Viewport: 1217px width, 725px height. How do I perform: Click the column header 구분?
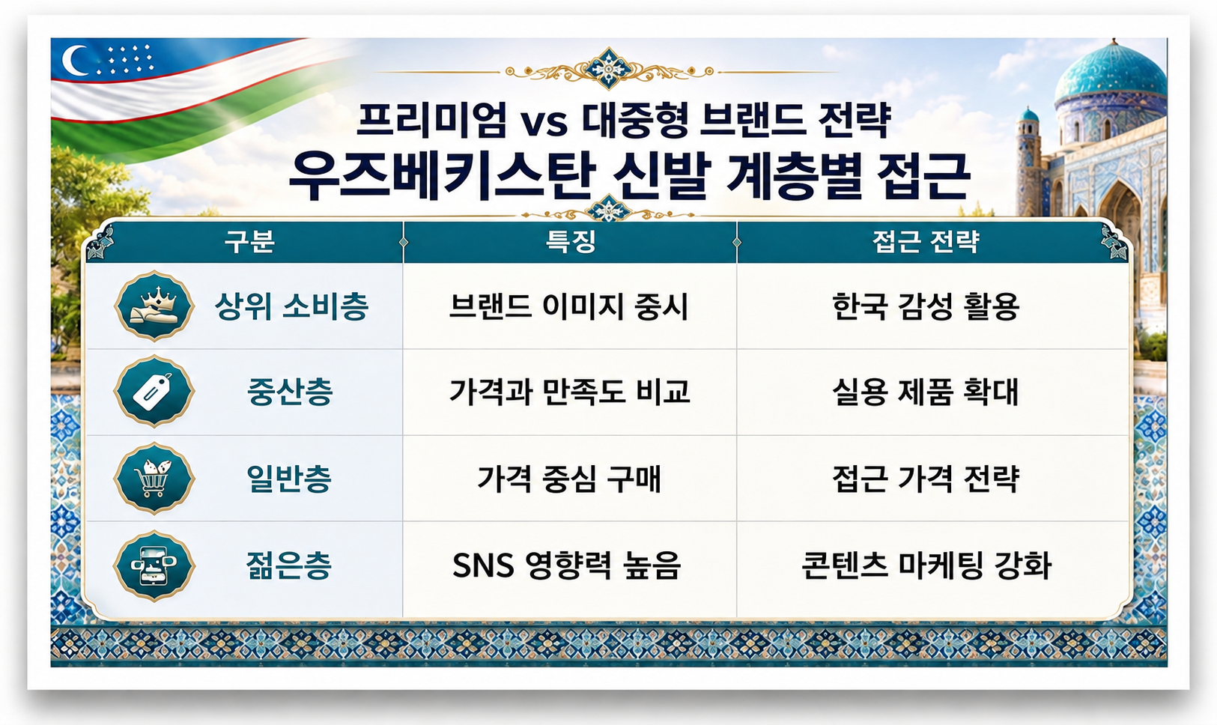[249, 241]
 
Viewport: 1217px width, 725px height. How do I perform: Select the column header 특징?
[571, 241]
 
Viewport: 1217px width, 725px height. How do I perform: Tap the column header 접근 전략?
[926, 241]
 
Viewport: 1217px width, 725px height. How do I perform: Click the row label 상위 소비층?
[292, 306]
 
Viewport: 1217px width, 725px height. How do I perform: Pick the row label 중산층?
[290, 392]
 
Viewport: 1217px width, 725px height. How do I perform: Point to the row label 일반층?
[289, 479]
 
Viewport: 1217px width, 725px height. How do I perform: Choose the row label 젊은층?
[289, 565]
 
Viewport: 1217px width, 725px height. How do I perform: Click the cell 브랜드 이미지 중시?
[569, 306]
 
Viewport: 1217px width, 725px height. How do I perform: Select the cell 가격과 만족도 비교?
[569, 392]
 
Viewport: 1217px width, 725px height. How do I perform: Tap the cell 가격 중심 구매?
[569, 479]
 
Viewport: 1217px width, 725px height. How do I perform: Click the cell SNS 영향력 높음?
[567, 565]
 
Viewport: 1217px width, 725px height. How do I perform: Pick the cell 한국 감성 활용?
[926, 306]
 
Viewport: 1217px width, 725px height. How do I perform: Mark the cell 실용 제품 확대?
[925, 392]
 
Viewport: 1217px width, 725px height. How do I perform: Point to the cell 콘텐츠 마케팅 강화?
[926, 565]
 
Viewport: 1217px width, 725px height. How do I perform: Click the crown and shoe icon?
[154, 306]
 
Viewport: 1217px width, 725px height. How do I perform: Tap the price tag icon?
[154, 391]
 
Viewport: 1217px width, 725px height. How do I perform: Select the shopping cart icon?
[154, 479]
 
